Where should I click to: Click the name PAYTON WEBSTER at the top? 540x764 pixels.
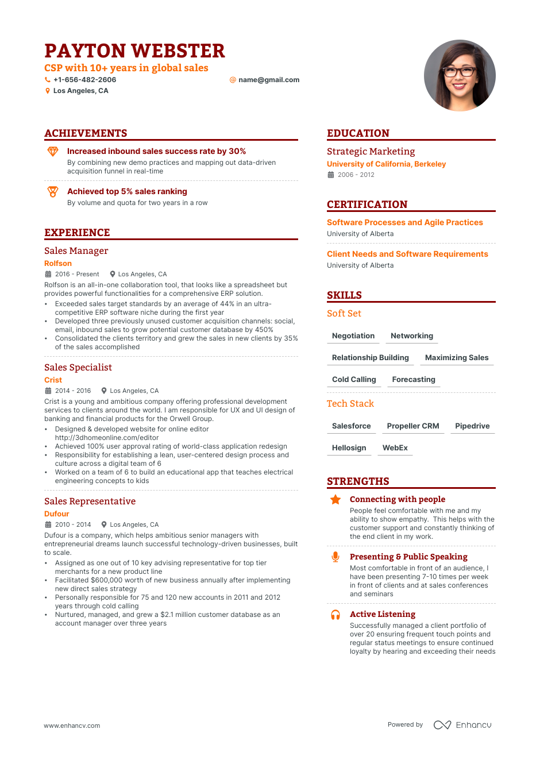pyautogui.click(x=134, y=51)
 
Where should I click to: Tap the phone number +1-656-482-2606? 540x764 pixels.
pyautogui.click(x=84, y=80)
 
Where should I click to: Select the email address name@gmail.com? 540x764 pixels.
pyautogui.click(x=269, y=80)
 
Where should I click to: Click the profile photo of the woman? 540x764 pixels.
pyautogui.click(x=460, y=75)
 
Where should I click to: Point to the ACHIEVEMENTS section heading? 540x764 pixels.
pyautogui.click(x=86, y=133)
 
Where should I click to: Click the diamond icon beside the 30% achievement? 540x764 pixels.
pyautogui.click(x=53, y=152)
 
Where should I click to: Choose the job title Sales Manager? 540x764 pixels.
pyautogui.click(x=76, y=251)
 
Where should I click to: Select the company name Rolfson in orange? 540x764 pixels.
pyautogui.click(x=58, y=264)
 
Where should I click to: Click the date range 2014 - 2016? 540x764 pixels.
pyautogui.click(x=73, y=391)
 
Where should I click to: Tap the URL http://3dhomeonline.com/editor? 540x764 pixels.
pyautogui.click(x=107, y=438)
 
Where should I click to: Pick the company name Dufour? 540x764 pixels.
pyautogui.click(x=56, y=514)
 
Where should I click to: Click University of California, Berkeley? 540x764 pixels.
pyautogui.click(x=386, y=164)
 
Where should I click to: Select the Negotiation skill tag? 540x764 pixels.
pyautogui.click(x=353, y=336)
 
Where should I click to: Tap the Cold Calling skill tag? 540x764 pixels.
pyautogui.click(x=354, y=380)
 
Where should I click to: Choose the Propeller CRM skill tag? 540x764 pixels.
pyautogui.click(x=413, y=426)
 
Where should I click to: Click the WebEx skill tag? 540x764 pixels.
pyautogui.click(x=395, y=448)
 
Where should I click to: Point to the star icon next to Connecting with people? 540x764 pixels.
pyautogui.click(x=335, y=500)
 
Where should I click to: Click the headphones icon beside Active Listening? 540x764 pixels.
pyautogui.click(x=335, y=615)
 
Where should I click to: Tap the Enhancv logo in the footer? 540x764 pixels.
pyautogui.click(x=462, y=725)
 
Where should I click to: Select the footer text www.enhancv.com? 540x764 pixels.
pyautogui.click(x=72, y=726)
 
